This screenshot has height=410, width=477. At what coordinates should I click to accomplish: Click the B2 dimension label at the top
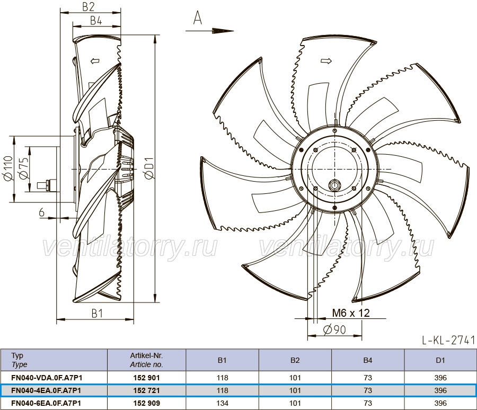pos(88,7)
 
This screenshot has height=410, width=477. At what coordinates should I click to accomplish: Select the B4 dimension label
pos(96,21)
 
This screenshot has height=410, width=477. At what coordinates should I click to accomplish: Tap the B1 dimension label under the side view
pos(98,313)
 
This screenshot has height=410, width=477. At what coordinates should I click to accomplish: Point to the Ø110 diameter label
pos(8,168)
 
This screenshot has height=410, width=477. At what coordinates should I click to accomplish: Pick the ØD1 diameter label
pos(149,168)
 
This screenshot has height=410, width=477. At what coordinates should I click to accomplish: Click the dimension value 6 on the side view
pos(42,212)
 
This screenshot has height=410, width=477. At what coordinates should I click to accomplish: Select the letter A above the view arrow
pos(198,17)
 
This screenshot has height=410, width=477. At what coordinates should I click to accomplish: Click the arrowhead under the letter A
pos(223,31)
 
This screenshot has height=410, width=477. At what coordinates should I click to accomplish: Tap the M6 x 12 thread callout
pos(351,313)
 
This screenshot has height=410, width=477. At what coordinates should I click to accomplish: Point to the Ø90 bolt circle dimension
pos(334,329)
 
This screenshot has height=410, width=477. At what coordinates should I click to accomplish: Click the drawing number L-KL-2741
pos(448,340)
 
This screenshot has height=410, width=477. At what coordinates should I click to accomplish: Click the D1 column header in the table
pos(440,360)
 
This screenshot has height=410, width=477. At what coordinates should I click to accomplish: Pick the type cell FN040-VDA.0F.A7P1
pos(47,378)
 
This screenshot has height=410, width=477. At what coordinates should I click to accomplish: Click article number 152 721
pos(146,390)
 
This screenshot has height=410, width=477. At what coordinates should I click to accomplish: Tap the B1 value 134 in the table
pos(223,403)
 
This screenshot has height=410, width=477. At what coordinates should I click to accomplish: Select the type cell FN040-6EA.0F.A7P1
pos(46,403)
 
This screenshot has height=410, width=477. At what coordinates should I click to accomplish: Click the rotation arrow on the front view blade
pos(326,61)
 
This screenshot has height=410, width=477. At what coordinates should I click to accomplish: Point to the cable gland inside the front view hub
pos(335,185)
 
